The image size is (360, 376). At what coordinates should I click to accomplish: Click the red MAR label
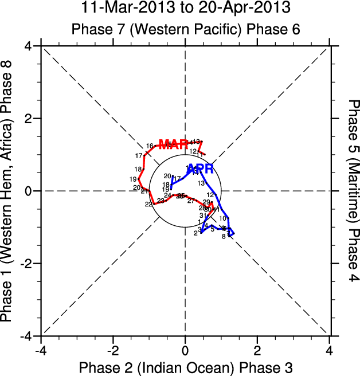(x=173, y=144)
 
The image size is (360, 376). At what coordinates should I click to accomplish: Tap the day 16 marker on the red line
(x=149, y=146)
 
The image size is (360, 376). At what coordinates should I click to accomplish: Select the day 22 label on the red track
(x=148, y=204)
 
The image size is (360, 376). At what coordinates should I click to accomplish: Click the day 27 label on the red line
(x=191, y=201)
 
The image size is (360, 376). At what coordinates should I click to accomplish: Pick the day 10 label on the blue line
(x=222, y=218)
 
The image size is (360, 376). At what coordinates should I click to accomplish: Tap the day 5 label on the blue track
(x=212, y=229)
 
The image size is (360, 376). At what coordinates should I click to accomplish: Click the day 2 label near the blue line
(x=195, y=233)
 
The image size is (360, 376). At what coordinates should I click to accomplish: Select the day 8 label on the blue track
(x=224, y=237)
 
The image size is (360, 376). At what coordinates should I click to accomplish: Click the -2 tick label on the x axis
(x=112, y=350)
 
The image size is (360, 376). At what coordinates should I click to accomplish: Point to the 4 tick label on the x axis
(x=329, y=350)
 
